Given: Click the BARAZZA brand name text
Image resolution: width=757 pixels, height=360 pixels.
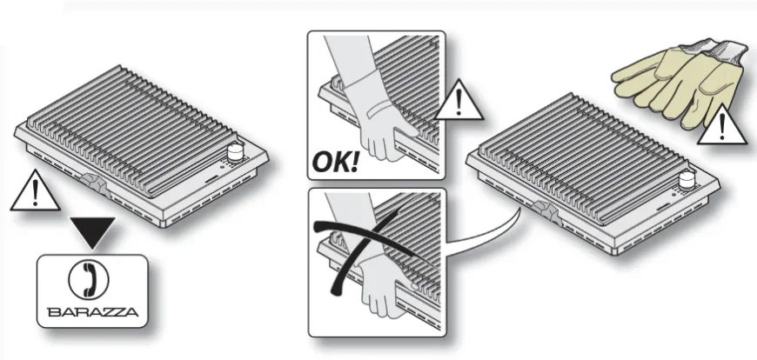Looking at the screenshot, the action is tap(93, 312).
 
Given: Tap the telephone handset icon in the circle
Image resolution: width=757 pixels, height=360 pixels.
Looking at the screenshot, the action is tap(90, 279).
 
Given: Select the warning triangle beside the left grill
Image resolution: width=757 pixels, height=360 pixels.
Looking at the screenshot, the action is tap(35, 191).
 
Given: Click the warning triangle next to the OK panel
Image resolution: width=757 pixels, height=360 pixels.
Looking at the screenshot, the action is tap(459, 101).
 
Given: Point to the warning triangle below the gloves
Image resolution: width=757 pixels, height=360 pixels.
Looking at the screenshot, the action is tap(722, 125).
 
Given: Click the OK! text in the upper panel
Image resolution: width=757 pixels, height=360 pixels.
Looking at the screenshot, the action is tap(336, 162).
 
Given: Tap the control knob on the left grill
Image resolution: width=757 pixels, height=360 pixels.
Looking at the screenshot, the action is tap(235, 153).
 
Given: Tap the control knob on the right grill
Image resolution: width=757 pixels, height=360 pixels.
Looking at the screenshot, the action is tap(687, 181).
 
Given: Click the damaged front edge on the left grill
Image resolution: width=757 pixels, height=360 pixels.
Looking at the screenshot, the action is tap(94, 184).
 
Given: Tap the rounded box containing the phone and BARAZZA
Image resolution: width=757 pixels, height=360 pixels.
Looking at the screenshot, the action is tap(92, 291).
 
